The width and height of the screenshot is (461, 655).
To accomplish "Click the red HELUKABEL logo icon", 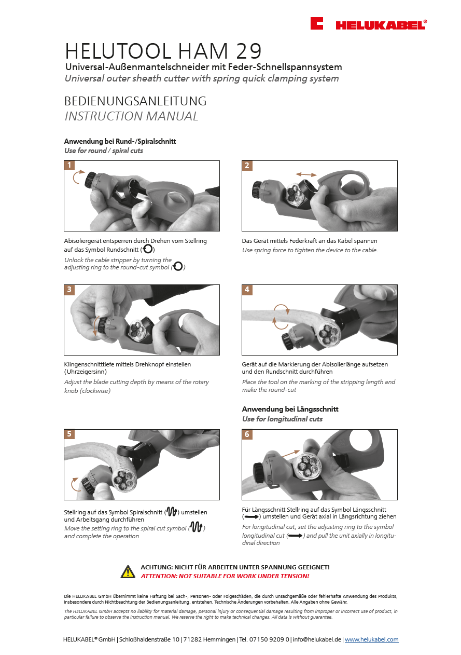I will coord(317,23).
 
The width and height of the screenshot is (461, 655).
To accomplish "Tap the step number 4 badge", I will coord(247,290).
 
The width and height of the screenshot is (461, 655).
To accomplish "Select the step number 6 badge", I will coord(247,434).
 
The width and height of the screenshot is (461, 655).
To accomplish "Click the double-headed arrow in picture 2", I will coord(306,174).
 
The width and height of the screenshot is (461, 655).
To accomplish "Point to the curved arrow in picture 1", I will coord(76,178).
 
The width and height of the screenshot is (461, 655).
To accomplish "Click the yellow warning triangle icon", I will coord(128,571).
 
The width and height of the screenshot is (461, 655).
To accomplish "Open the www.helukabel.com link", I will coord(371,639).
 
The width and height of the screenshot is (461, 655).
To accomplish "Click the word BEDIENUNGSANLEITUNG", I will coord(135,101).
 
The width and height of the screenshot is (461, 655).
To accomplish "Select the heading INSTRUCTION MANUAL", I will coord(131,116).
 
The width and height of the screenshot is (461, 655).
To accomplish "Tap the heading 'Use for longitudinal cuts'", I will coord(282,419).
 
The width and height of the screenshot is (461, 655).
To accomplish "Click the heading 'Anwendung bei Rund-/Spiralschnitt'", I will coord(123,141).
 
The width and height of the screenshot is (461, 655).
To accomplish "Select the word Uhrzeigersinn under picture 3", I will coord(87,372).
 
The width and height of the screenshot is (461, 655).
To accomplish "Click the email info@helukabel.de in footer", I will coord(316,639).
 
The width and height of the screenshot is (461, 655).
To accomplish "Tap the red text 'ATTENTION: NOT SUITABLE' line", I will coord(225,576).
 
